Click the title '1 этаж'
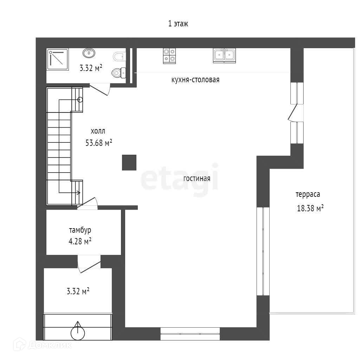(178, 24)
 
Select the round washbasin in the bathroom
(89, 53)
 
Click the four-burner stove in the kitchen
(169, 56)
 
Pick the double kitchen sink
(224, 56)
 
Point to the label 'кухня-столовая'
(195, 80)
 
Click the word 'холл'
(98, 131)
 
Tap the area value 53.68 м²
(99, 143)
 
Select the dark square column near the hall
(129, 162)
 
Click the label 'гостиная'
(197, 178)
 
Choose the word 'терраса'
(308, 194)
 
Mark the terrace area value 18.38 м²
(310, 208)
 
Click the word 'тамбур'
(80, 230)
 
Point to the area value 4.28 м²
(80, 241)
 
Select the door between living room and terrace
(293, 112)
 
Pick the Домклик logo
(43, 345)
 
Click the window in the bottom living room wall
(190, 334)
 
